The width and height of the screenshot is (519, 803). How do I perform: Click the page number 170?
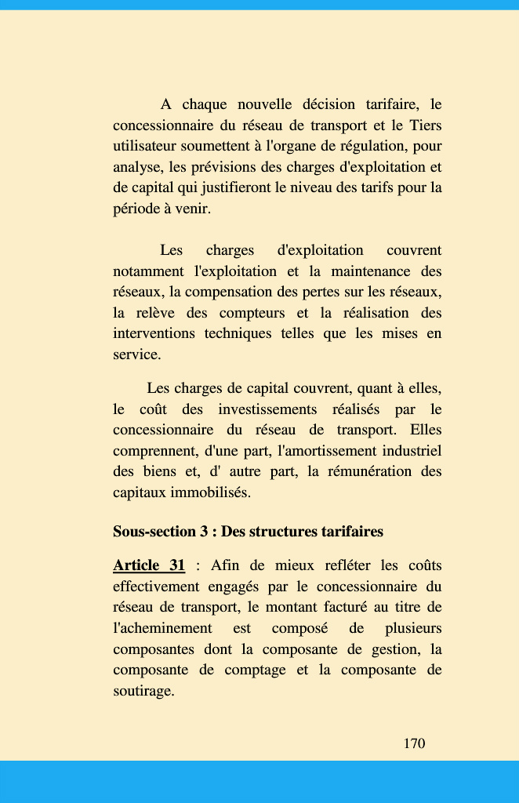coord(414,743)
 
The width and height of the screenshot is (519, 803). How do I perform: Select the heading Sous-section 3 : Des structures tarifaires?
coord(248,532)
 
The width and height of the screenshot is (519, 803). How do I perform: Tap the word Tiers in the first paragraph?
coord(425,125)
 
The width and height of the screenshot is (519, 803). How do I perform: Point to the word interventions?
coord(153,334)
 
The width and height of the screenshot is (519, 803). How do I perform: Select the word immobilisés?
coord(205,493)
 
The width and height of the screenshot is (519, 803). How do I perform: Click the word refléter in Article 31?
coord(344,565)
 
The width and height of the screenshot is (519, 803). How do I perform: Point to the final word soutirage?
coord(143,692)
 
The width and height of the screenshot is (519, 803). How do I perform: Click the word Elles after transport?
coord(426,431)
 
